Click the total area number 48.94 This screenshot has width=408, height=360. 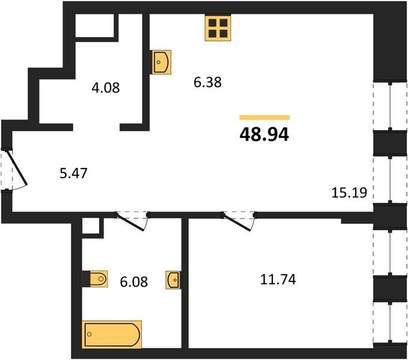264,135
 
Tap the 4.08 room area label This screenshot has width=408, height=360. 106,88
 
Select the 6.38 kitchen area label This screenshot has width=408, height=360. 208,82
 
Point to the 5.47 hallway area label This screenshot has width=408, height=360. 73,173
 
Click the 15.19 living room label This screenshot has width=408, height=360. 349,193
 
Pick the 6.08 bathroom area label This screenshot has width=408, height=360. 134,282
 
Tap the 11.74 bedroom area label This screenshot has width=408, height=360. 278,280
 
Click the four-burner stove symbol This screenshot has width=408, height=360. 218,28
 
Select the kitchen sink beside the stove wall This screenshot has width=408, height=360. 162,62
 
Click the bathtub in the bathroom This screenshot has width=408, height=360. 112,335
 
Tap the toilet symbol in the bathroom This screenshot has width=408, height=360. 99,279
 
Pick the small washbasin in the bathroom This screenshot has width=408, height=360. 173,280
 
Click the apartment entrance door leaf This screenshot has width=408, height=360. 16,168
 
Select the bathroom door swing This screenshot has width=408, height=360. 132,223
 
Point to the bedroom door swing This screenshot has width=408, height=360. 239,223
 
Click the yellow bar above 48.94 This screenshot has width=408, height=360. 265,118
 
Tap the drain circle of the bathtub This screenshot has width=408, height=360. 89,334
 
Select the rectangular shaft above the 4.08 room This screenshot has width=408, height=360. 95,25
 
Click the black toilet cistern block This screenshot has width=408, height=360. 86,279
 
